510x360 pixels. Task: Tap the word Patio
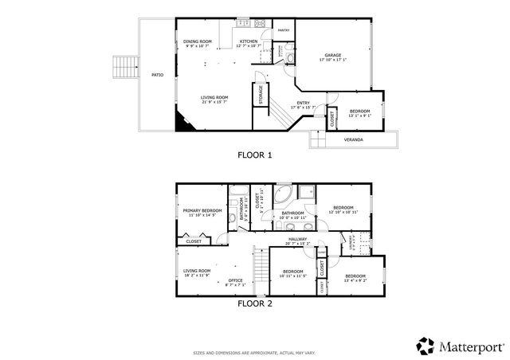pos(158,75)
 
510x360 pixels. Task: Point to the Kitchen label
pos(249,41)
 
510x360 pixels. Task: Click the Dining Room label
pos(197,41)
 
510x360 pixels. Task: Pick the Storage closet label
pos(261,95)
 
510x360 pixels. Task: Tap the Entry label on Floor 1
pos(303,103)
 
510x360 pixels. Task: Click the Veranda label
pos(353,139)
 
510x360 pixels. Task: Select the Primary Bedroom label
pos(202,210)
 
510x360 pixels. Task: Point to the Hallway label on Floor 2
pos(298,238)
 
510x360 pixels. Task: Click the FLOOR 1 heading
pos(255,156)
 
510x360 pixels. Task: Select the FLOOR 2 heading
pos(255,303)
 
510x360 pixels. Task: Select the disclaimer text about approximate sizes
pos(255,351)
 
